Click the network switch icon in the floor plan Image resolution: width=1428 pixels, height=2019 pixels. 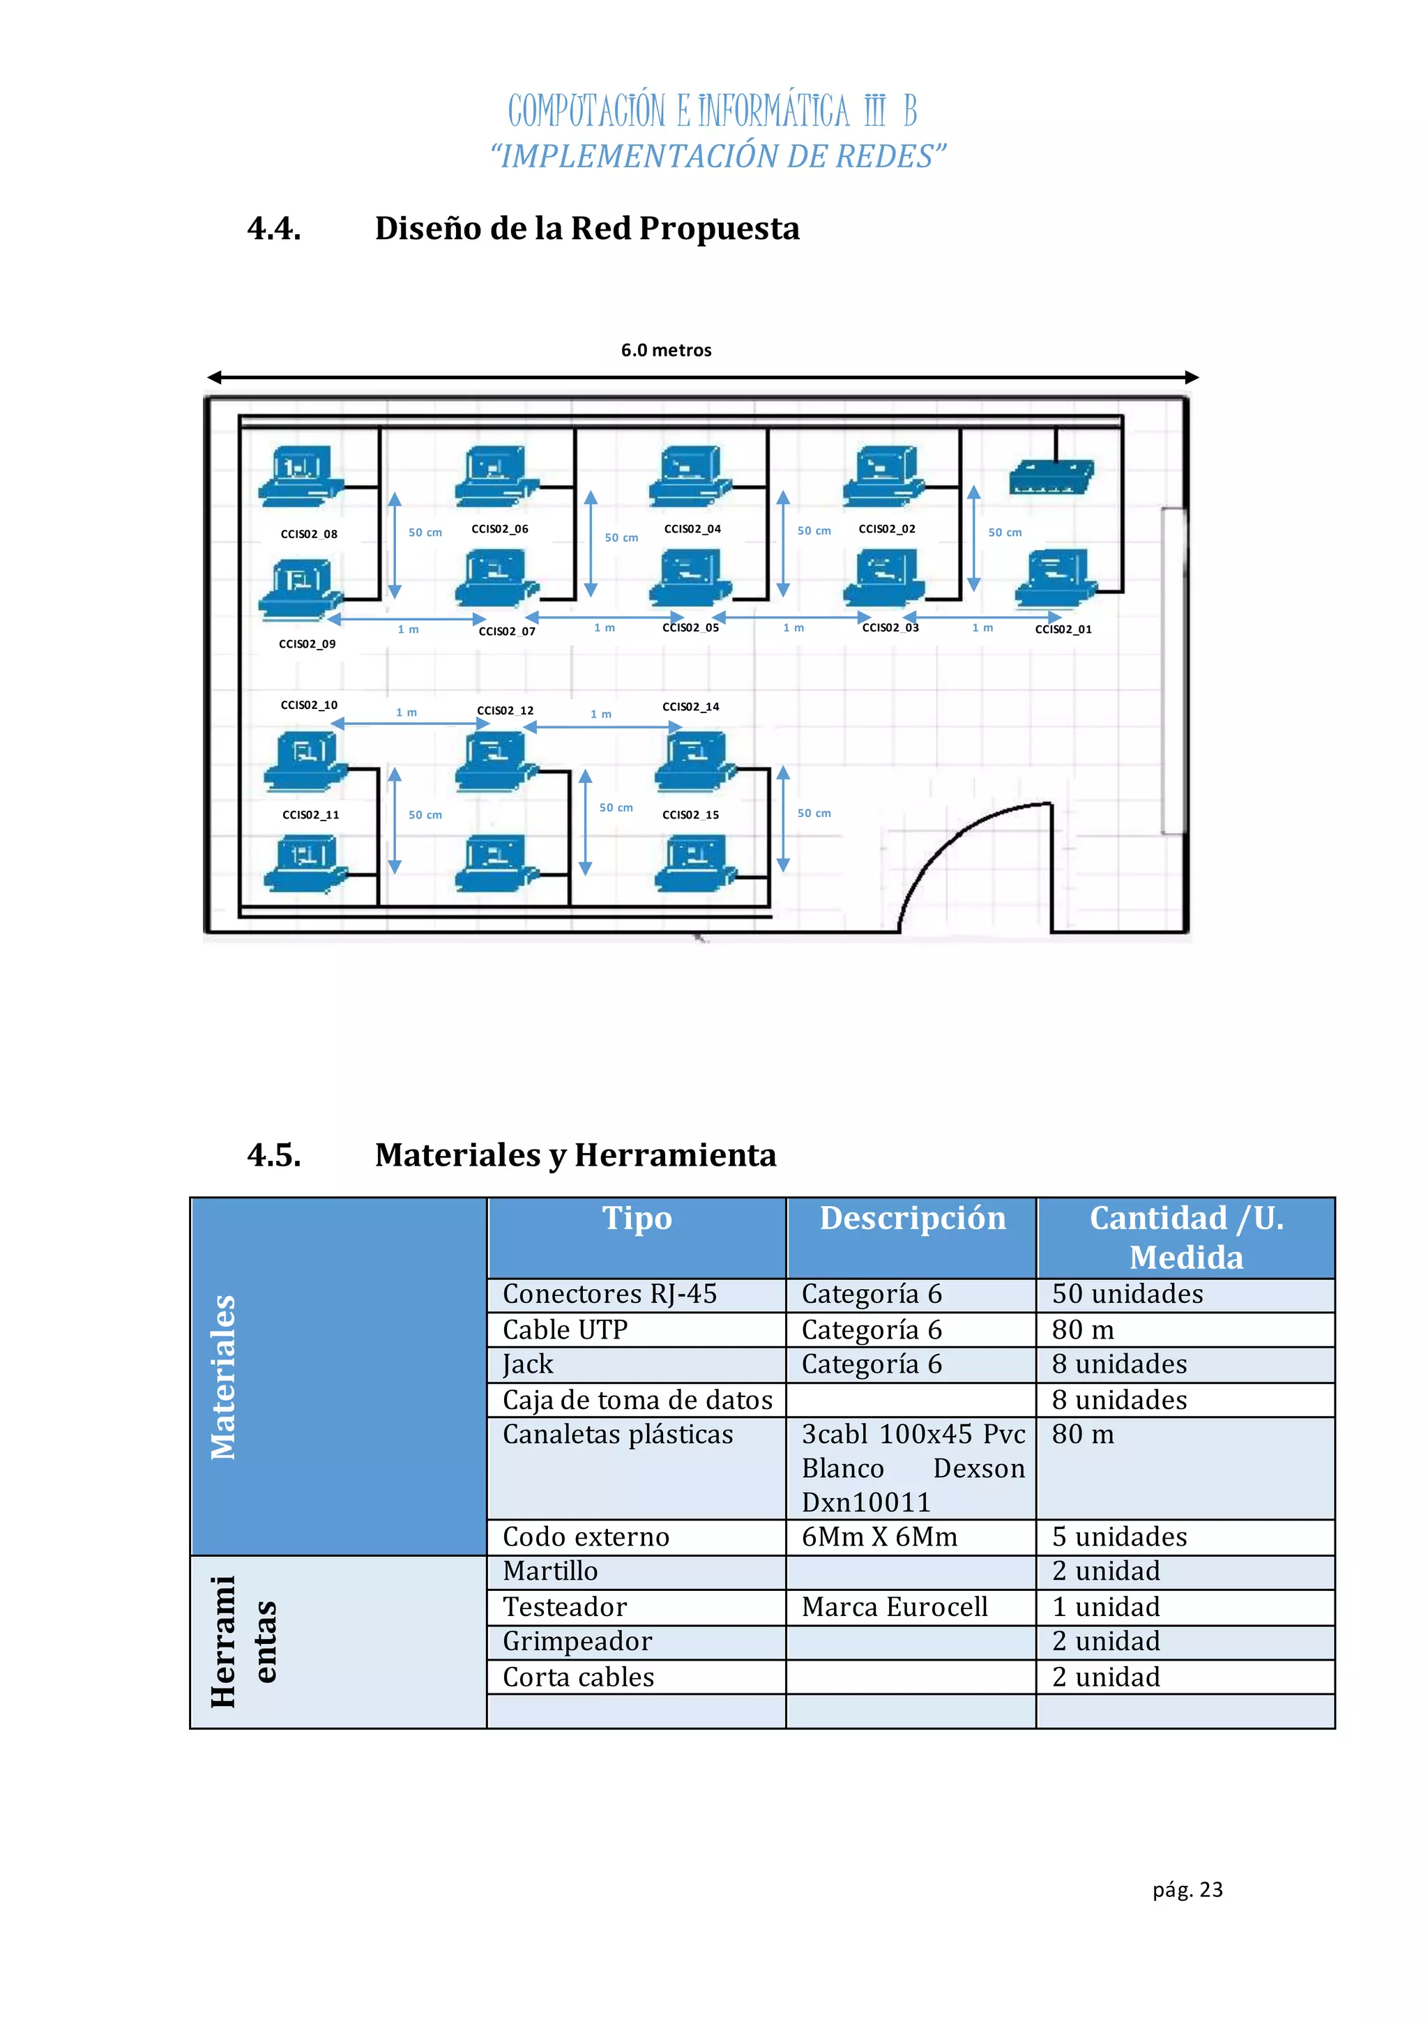[x=1051, y=477]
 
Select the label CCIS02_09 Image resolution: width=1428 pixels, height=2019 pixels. [x=307, y=643]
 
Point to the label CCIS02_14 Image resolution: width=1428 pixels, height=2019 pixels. [x=690, y=706]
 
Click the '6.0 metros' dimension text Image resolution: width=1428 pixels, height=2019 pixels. [x=666, y=350]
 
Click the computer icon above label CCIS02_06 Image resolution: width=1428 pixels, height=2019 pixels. [x=496, y=475]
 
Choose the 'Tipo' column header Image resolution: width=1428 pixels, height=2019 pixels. [x=637, y=1219]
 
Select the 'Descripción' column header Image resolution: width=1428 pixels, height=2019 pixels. [x=912, y=1219]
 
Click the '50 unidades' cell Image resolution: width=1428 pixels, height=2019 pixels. [x=1127, y=1295]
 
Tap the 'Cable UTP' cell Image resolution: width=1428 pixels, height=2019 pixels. [x=565, y=1330]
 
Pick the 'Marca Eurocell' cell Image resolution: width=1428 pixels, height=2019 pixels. [x=895, y=1608]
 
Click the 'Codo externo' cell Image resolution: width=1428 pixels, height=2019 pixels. [x=586, y=1537]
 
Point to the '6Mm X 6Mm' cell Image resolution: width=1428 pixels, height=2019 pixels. [x=879, y=1537]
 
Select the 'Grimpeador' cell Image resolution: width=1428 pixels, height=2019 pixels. [x=577, y=1642]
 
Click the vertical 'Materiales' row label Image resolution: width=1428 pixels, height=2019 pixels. [x=223, y=1377]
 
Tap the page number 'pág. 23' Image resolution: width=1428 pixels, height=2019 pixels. [x=1187, y=1890]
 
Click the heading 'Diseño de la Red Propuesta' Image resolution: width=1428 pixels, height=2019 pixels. [x=586, y=229]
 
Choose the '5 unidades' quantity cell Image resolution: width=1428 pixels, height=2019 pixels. [x=1119, y=1537]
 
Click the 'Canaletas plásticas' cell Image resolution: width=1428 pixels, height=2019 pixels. [x=617, y=1434]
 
